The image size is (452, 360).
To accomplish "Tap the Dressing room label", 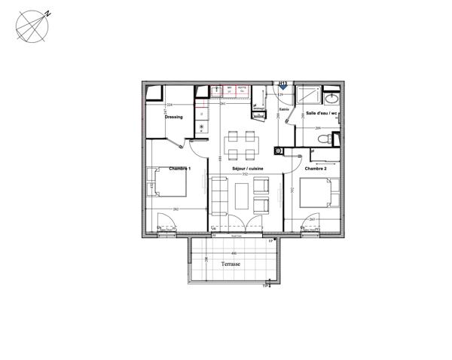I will click(x=174, y=117).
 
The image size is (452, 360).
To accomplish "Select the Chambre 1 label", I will click(x=179, y=168).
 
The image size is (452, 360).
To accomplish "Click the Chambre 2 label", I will click(x=315, y=169).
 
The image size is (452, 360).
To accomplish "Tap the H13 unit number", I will click(x=283, y=84).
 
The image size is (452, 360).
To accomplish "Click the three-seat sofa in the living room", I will click(x=219, y=194).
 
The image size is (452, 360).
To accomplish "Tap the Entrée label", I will click(x=284, y=110).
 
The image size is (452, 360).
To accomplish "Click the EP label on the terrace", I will click(x=271, y=240).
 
